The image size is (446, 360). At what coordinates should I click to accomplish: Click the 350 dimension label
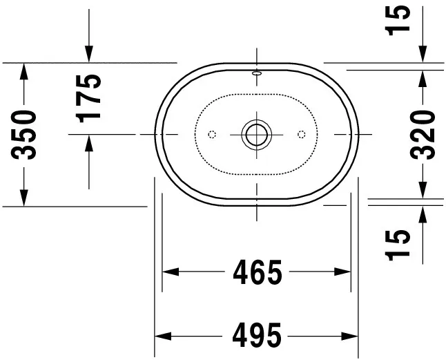coord(23,135)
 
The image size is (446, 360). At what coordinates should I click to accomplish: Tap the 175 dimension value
coord(88,99)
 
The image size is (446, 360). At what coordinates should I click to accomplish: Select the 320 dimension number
coord(423,135)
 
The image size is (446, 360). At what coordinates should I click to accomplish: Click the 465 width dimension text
coord(258,272)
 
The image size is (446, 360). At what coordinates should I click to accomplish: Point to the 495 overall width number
coord(257,336)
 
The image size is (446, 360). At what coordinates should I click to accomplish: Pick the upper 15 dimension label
coord(398,20)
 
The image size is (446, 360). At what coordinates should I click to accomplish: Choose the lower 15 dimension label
coord(398,245)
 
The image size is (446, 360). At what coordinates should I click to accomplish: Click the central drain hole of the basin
coord(257,134)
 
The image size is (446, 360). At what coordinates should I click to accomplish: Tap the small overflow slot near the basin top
coord(257,73)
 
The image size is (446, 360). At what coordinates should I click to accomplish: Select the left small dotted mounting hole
coord(212,134)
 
